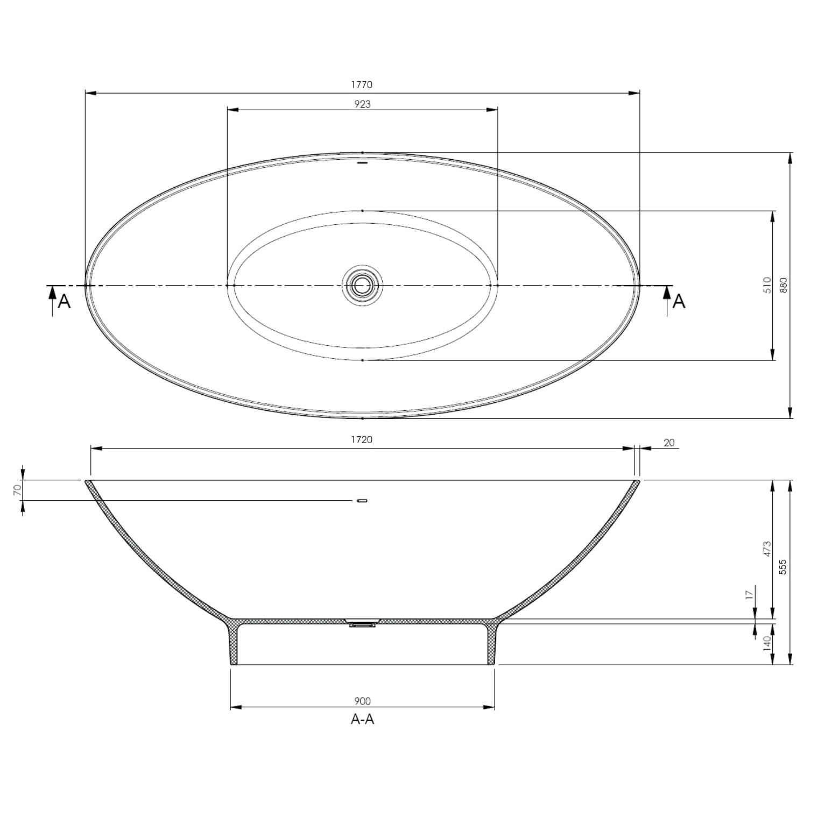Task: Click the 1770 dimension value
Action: (362, 84)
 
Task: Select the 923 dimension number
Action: (362, 104)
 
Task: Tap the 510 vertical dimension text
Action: (767, 285)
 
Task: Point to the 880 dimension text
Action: (784, 285)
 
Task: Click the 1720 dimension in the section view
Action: (362, 439)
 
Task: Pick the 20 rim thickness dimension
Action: (669, 443)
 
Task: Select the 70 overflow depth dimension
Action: (17, 489)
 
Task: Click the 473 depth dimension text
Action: (767, 550)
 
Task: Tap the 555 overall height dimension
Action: (784, 567)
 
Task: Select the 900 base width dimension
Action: (362, 701)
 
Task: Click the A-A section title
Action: (362, 719)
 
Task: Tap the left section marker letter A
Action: (64, 302)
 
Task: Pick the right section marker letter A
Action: (679, 302)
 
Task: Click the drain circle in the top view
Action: (362, 285)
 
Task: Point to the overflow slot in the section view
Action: (362, 501)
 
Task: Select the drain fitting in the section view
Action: (362, 624)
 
